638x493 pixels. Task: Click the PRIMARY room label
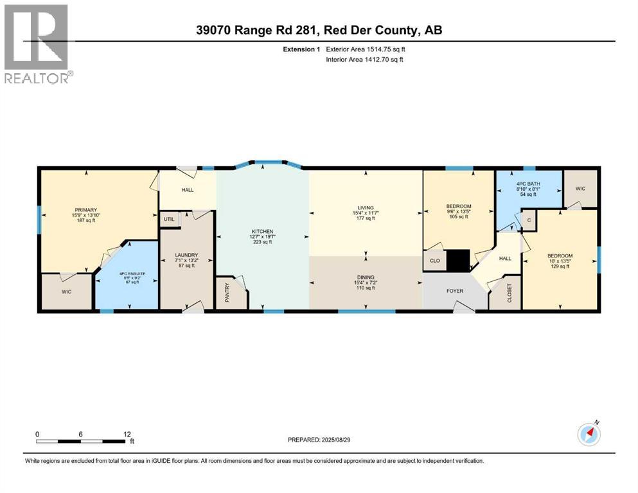pos(85,210)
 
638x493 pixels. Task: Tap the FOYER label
pos(456,290)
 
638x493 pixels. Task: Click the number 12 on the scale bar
pos(127,434)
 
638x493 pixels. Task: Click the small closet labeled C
pos(528,220)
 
